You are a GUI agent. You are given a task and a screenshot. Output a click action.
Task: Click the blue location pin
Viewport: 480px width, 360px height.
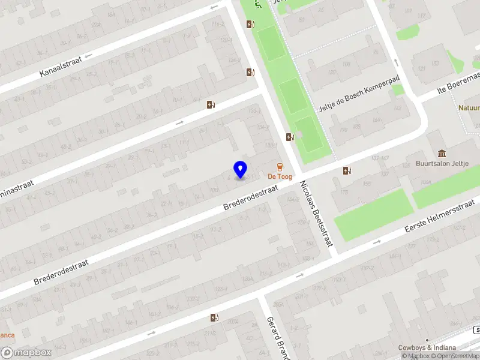coord(241,169)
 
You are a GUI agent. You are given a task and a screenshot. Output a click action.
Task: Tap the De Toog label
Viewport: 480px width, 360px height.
coord(280,176)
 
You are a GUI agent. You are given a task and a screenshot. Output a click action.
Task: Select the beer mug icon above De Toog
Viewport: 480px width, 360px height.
coord(280,166)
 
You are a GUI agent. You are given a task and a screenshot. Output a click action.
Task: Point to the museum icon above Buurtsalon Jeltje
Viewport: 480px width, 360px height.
coord(442,153)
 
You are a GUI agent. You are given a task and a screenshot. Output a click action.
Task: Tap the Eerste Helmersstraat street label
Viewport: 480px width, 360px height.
coord(440,218)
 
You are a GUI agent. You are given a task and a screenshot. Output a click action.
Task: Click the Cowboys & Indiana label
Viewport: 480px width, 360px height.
coord(427,347)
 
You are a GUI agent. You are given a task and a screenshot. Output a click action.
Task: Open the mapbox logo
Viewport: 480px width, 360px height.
coord(26,353)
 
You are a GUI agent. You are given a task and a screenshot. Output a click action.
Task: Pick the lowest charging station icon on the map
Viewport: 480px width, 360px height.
coord(214,317)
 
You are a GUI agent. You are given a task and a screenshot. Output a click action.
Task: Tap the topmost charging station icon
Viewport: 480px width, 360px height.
coord(250,24)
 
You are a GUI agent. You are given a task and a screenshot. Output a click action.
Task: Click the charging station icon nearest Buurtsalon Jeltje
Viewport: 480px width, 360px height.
coord(347,170)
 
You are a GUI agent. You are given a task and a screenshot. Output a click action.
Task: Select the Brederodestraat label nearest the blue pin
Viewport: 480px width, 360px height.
coord(250,197)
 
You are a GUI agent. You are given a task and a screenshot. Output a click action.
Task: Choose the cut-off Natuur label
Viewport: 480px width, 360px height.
coord(469,109)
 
